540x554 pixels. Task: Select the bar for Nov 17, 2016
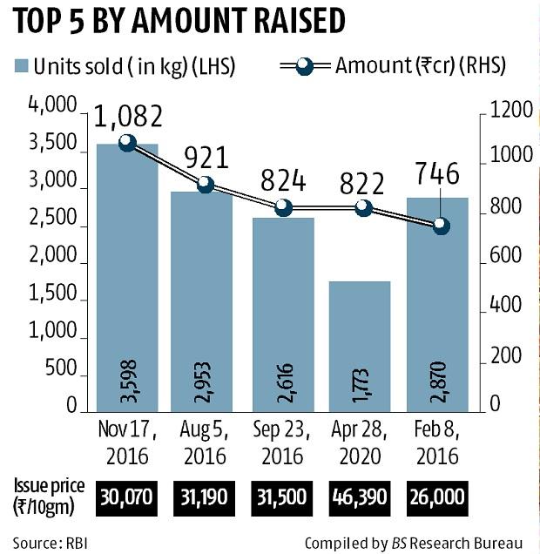[126, 279]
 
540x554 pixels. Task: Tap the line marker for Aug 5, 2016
[206, 184]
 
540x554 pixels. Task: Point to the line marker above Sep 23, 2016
[283, 207]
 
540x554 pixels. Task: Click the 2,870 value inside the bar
[439, 383]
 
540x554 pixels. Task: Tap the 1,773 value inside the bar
[361, 383]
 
